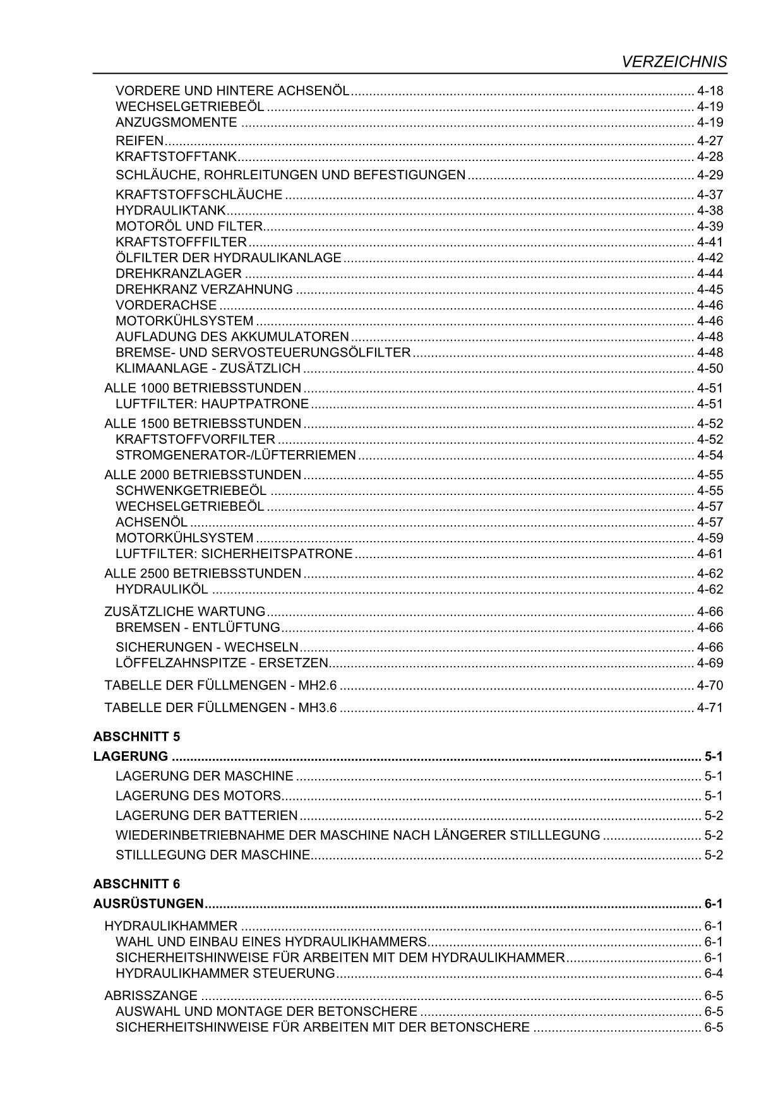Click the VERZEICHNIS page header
(x=674, y=61)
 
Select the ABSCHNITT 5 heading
(x=136, y=736)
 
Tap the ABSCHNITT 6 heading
(x=136, y=883)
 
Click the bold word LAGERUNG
(x=131, y=756)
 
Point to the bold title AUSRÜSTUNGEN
(x=148, y=903)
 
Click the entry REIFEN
(x=140, y=140)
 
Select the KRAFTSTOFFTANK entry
(x=176, y=156)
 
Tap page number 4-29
(x=710, y=175)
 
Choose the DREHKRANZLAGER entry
(x=179, y=273)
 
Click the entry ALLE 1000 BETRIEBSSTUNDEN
(x=203, y=388)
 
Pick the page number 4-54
(x=710, y=455)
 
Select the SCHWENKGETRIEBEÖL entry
(x=191, y=491)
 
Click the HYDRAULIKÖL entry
(x=162, y=589)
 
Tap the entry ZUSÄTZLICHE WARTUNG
(x=185, y=611)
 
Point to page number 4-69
(x=710, y=663)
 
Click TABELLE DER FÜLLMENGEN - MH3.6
(x=221, y=707)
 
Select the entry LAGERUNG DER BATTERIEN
(x=206, y=815)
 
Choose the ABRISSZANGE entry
(x=151, y=996)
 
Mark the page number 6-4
(x=714, y=973)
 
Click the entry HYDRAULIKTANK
(x=170, y=210)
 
